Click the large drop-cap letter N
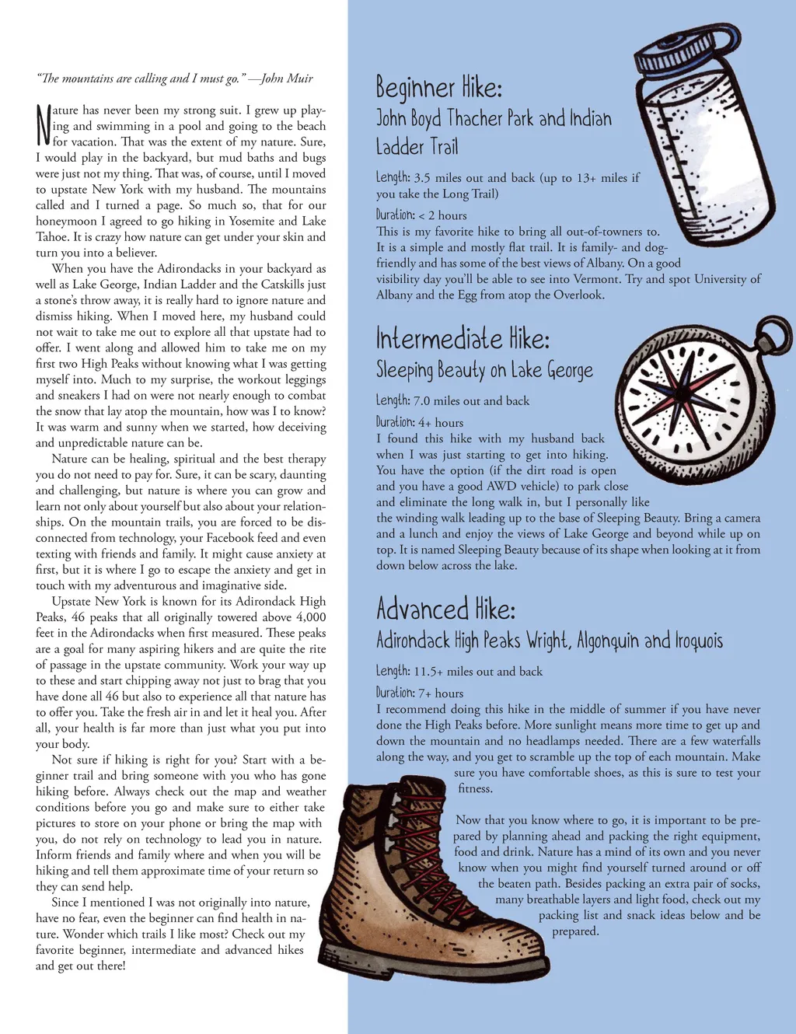[44, 125]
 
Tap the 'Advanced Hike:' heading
[445, 609]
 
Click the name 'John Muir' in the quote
[287, 79]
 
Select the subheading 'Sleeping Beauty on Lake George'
[484, 370]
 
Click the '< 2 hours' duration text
[443, 215]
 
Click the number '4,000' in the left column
[311, 617]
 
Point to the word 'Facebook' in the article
[254, 538]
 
